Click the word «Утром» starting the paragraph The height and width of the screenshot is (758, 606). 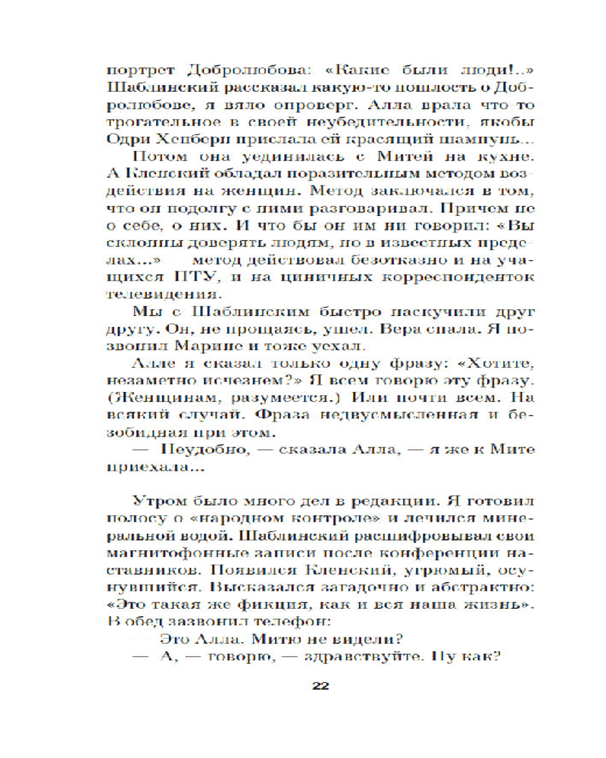(x=155, y=503)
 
